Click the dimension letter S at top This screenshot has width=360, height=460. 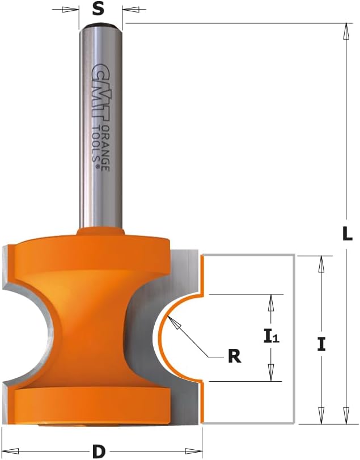[x=98, y=9]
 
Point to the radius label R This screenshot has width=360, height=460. [x=234, y=356]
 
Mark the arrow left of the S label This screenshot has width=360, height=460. [x=69, y=10]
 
